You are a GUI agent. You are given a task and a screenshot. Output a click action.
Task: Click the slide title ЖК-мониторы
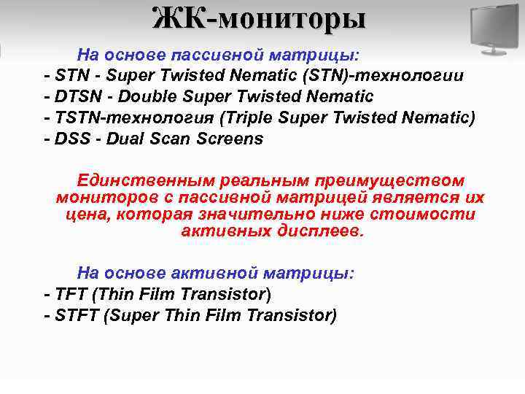click(x=259, y=18)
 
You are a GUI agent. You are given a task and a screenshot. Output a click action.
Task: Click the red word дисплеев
click(x=320, y=232)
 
